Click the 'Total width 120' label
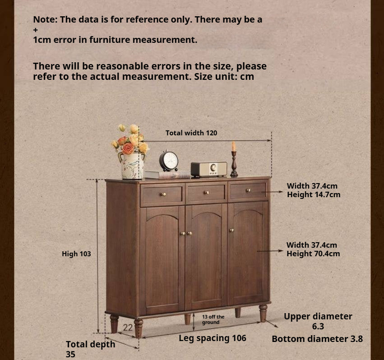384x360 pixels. [x=191, y=133]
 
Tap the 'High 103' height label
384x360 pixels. [x=76, y=254]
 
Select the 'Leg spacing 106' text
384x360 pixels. [x=213, y=338]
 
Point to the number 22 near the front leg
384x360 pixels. [x=128, y=328]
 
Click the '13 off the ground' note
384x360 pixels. [x=213, y=319]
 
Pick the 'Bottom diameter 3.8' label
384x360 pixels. [x=317, y=339]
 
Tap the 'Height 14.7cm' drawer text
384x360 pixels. [x=314, y=195]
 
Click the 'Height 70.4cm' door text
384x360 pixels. [x=313, y=254]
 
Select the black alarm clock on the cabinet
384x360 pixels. [x=169, y=161]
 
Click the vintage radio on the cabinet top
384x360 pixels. [x=209, y=169]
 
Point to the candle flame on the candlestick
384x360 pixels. [x=234, y=146]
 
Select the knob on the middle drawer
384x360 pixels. [x=207, y=193]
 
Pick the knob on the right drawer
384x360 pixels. [x=248, y=190]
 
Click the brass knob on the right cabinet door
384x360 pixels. [x=231, y=230]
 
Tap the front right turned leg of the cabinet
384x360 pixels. [x=263, y=313]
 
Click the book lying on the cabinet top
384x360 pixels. [x=167, y=175]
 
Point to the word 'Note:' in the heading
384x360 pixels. [x=45, y=19]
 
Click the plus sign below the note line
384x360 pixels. [x=36, y=30]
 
